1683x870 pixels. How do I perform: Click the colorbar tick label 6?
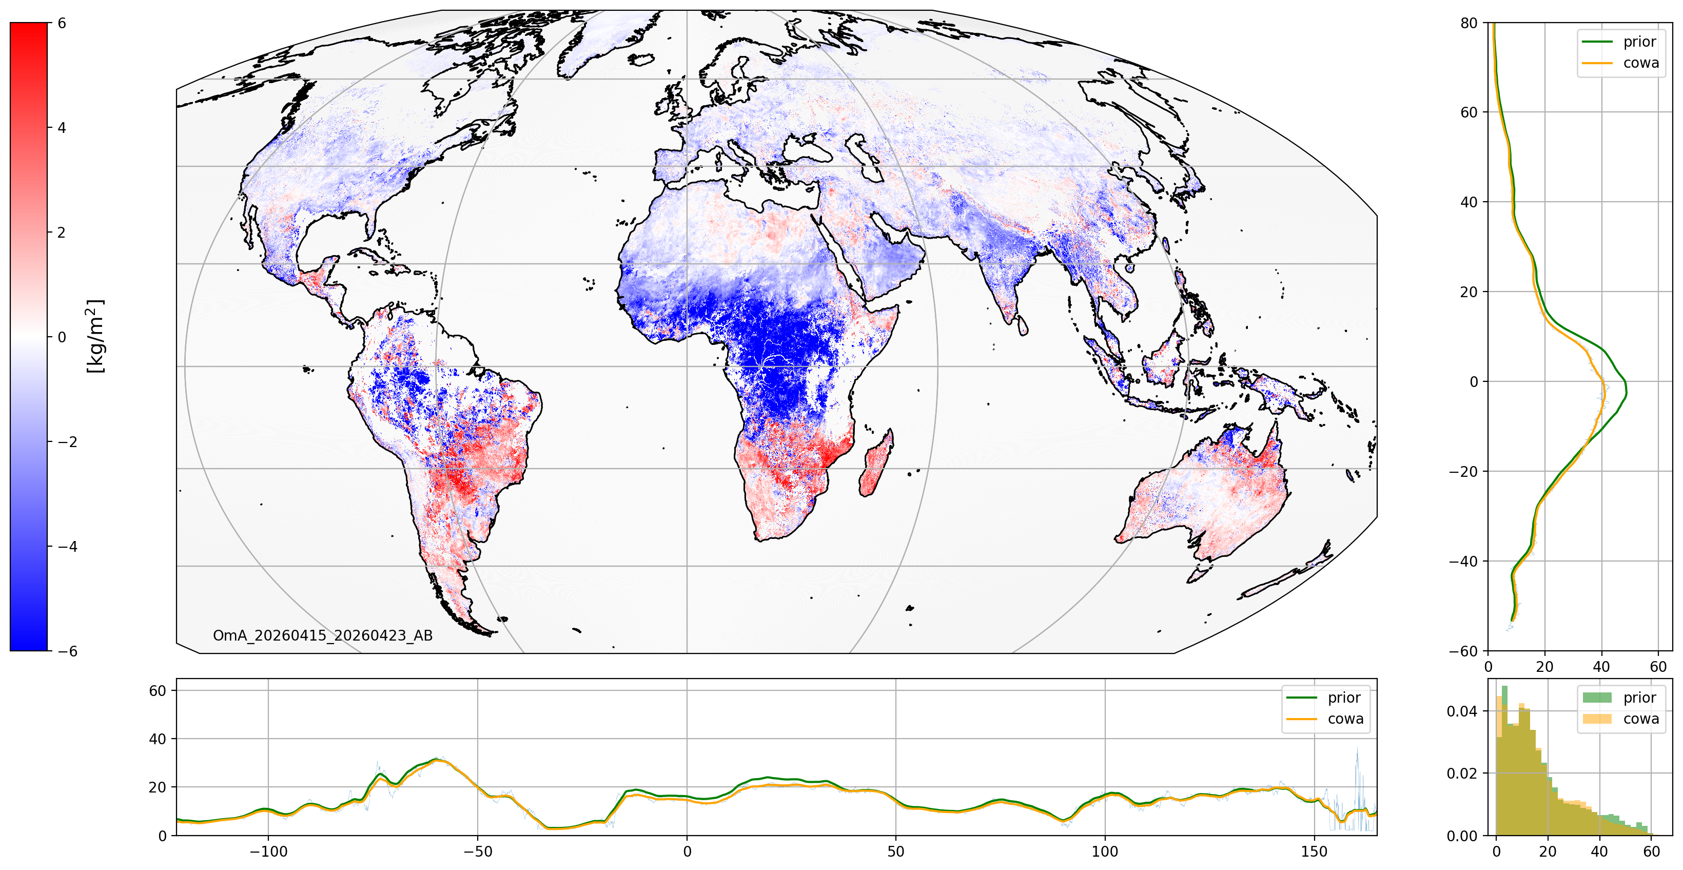(62, 23)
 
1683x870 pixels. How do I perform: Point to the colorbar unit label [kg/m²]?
(95, 337)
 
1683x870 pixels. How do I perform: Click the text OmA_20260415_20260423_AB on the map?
(323, 635)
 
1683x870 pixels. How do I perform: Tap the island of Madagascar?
(875, 464)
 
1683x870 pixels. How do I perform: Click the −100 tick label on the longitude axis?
(268, 852)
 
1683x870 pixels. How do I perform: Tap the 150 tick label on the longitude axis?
(1314, 852)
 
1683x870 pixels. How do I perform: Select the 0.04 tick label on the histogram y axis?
(1462, 711)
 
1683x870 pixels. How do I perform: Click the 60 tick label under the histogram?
(1651, 852)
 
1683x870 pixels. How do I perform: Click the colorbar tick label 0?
(62, 337)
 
